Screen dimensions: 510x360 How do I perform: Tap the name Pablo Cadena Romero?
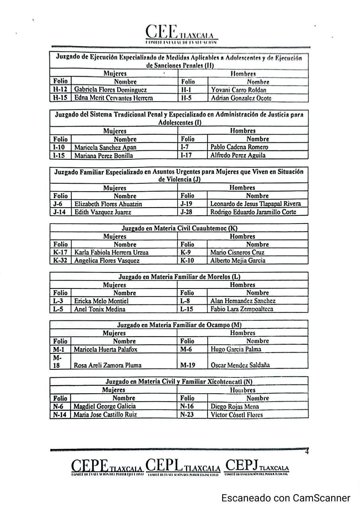click(239, 147)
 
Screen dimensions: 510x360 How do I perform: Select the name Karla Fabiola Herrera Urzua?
click(111, 252)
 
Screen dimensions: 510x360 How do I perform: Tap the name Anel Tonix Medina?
click(100, 309)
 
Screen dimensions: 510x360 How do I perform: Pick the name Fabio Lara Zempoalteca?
click(242, 309)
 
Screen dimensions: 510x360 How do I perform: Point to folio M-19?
click(187, 365)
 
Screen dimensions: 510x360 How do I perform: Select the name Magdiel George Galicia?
click(104, 406)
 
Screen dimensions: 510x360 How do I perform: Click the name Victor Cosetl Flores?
click(237, 415)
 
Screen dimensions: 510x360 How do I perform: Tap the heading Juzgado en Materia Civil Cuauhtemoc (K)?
click(179, 228)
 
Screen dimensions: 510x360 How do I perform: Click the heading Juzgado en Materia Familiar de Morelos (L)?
click(179, 277)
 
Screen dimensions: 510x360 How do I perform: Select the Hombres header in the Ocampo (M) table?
click(243, 333)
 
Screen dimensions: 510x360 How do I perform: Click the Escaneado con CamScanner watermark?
click(286, 498)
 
